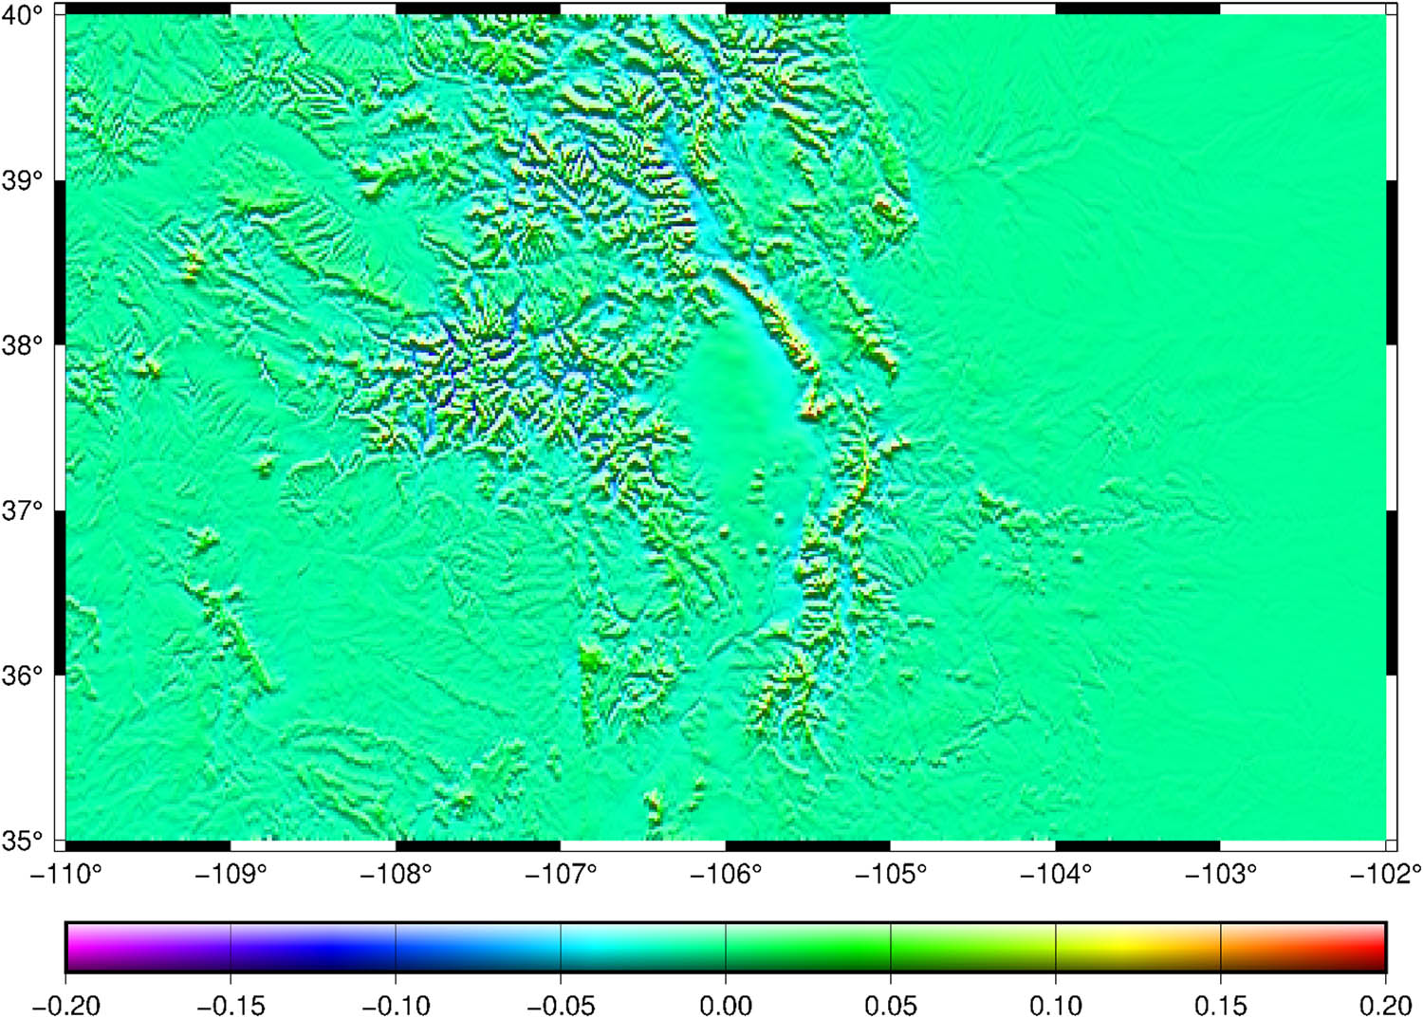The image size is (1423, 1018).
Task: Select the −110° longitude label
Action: click(65, 874)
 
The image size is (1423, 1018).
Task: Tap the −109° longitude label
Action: click(231, 874)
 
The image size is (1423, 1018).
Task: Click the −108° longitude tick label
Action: click(396, 874)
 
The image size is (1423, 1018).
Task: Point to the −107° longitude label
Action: click(561, 874)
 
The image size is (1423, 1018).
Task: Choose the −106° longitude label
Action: click(726, 874)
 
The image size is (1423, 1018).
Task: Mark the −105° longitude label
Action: click(891, 874)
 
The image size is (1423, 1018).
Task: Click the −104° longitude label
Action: click(1056, 874)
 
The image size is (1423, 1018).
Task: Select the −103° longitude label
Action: click(1221, 874)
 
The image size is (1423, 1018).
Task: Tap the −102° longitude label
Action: click(1386, 874)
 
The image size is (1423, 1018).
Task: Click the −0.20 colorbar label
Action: click(65, 1004)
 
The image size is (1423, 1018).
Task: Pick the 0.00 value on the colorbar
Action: click(726, 1004)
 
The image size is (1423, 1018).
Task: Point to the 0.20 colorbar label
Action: click(1386, 1004)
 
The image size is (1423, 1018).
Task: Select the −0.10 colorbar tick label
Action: click(396, 1004)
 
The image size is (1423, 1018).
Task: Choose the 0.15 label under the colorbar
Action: click(1221, 1004)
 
